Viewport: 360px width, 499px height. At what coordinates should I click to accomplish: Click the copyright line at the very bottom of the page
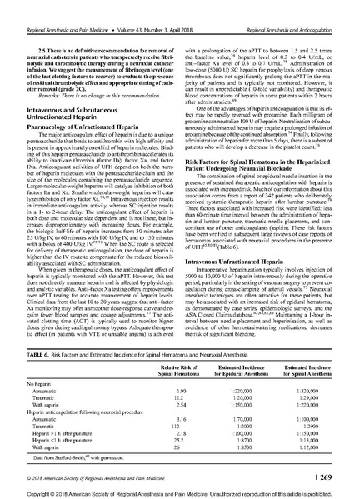pyautogui.click(x=179, y=488)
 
